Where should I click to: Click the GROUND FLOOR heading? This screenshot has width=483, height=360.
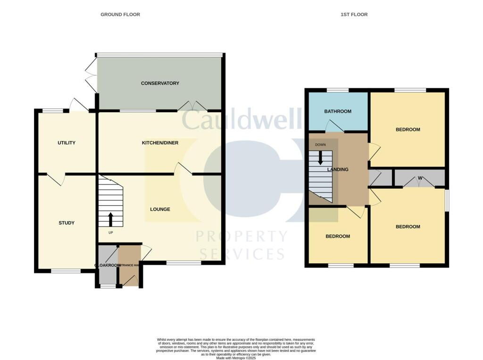(x=120, y=15)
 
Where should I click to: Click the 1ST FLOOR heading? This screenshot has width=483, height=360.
(x=354, y=15)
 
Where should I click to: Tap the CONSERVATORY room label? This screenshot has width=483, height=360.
(x=160, y=84)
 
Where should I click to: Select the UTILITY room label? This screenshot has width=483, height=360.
(x=67, y=143)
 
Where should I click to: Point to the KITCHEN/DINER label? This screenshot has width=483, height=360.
(x=160, y=143)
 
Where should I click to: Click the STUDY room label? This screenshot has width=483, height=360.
(x=67, y=223)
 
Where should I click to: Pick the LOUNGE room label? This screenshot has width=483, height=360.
(x=160, y=209)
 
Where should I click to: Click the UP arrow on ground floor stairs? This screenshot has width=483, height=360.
(x=111, y=220)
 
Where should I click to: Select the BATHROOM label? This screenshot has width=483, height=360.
(x=337, y=112)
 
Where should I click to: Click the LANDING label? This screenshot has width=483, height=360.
(x=338, y=170)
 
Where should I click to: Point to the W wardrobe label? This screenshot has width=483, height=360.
(x=419, y=178)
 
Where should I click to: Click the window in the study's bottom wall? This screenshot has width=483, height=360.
(x=66, y=271)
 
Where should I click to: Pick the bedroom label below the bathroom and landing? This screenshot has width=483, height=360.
(x=338, y=236)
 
